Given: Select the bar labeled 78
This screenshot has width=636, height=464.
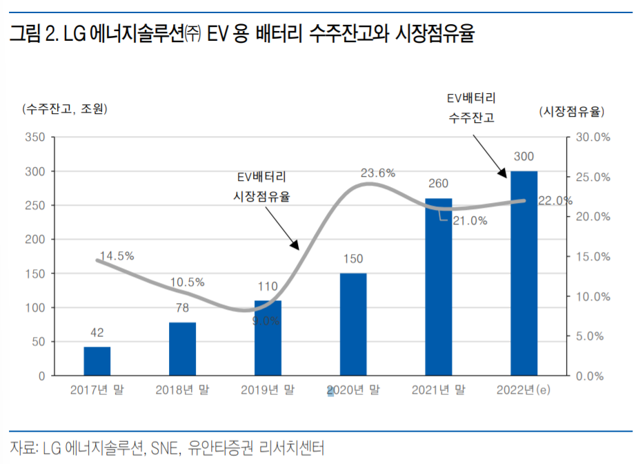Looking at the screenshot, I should tap(183, 349).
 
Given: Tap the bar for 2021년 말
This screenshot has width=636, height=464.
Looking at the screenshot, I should tap(438, 287).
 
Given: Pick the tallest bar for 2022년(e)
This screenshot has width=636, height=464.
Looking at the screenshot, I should tap(524, 273).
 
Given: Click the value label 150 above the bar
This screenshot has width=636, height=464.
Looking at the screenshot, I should tap(352, 259).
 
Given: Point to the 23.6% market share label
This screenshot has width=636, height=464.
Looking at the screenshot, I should tap(377, 173).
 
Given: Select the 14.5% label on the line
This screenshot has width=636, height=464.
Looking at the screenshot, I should tap(117, 256).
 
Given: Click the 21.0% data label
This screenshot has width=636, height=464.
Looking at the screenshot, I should tap(470, 221).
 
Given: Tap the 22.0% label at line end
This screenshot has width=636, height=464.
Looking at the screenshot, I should tap(555, 201).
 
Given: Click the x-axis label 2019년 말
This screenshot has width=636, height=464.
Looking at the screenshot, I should tap(267, 390).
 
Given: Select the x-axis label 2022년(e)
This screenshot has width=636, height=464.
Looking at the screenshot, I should tap(524, 390).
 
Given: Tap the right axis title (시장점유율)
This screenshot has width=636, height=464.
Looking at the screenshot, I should tap(571, 110).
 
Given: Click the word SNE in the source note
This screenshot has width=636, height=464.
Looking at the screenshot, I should tap(162, 447).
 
